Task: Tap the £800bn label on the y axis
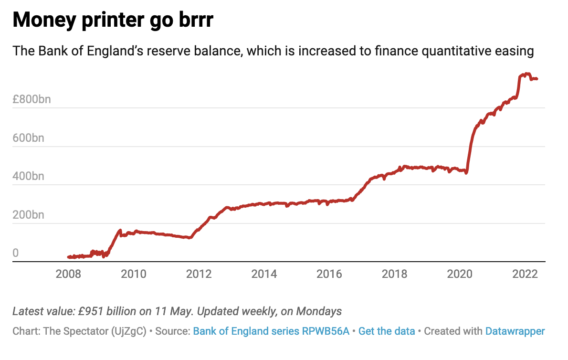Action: coord(32,100)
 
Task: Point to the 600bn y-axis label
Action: coord(28,138)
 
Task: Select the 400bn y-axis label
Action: coord(28,177)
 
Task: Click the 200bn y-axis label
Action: coord(28,215)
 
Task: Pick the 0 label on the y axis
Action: coord(16,253)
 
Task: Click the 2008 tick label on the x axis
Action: coord(68,274)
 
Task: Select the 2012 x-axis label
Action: coord(199,274)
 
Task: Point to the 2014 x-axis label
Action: coord(264,274)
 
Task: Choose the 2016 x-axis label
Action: coord(329,274)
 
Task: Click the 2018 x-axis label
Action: coord(395,274)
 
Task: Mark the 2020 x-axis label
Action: coord(460,274)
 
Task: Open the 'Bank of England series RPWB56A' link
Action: coord(271,331)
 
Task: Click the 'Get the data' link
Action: coord(387,331)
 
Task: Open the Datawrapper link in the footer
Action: coord(515,331)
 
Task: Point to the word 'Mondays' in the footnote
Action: coord(319,311)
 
